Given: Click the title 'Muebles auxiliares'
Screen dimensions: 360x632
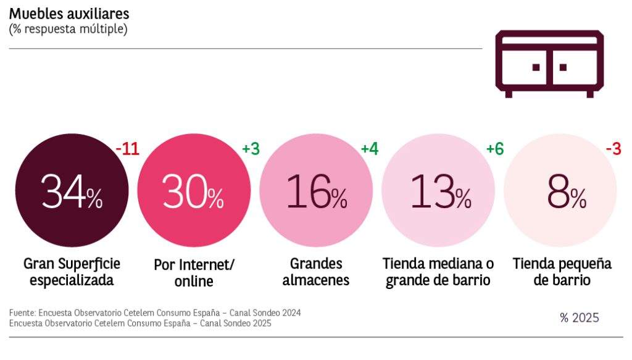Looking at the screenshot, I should tap(69, 14).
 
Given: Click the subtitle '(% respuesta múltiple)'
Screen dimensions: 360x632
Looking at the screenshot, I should tap(68, 29).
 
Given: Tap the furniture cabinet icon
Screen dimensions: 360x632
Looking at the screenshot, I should tap(549, 64).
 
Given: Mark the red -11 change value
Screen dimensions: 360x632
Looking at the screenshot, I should tap(127, 149).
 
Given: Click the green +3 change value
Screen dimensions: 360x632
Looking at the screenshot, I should tap(251, 149).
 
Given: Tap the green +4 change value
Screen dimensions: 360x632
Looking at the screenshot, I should tap(369, 149).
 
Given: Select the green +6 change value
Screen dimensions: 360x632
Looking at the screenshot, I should tap(495, 149).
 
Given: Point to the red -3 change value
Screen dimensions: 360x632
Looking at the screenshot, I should tap(613, 149).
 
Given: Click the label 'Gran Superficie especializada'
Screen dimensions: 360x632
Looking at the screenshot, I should tap(72, 272).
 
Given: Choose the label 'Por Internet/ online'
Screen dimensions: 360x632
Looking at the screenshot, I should tap(194, 272).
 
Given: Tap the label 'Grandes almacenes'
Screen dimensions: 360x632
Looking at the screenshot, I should tap(316, 272).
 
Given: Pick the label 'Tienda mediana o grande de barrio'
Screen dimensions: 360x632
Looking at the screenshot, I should tap(438, 272).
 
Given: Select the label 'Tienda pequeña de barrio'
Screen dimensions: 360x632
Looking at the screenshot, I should tap(562, 272).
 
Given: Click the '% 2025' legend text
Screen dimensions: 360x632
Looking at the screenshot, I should tap(580, 318).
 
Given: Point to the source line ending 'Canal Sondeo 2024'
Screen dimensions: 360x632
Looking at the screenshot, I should tap(155, 313).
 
